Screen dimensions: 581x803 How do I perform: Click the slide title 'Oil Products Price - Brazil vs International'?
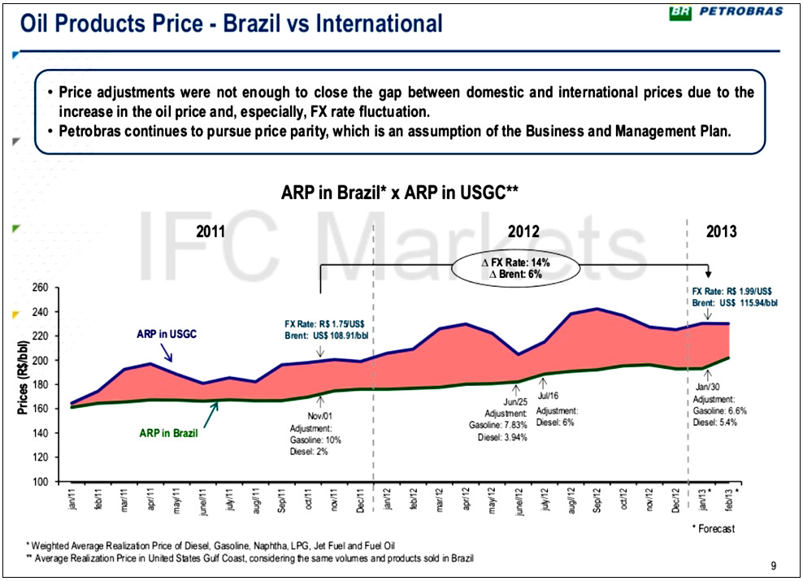tap(232, 24)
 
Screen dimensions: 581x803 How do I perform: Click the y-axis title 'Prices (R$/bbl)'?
tap(23, 379)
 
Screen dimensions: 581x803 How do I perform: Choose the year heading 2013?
tap(721, 232)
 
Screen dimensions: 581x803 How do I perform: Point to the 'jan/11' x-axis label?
tap(72, 501)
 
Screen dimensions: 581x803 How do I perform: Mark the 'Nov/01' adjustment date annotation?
tap(319, 416)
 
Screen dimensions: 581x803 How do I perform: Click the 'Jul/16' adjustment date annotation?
tap(549, 396)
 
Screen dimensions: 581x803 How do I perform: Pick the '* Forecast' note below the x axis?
tap(712, 529)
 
